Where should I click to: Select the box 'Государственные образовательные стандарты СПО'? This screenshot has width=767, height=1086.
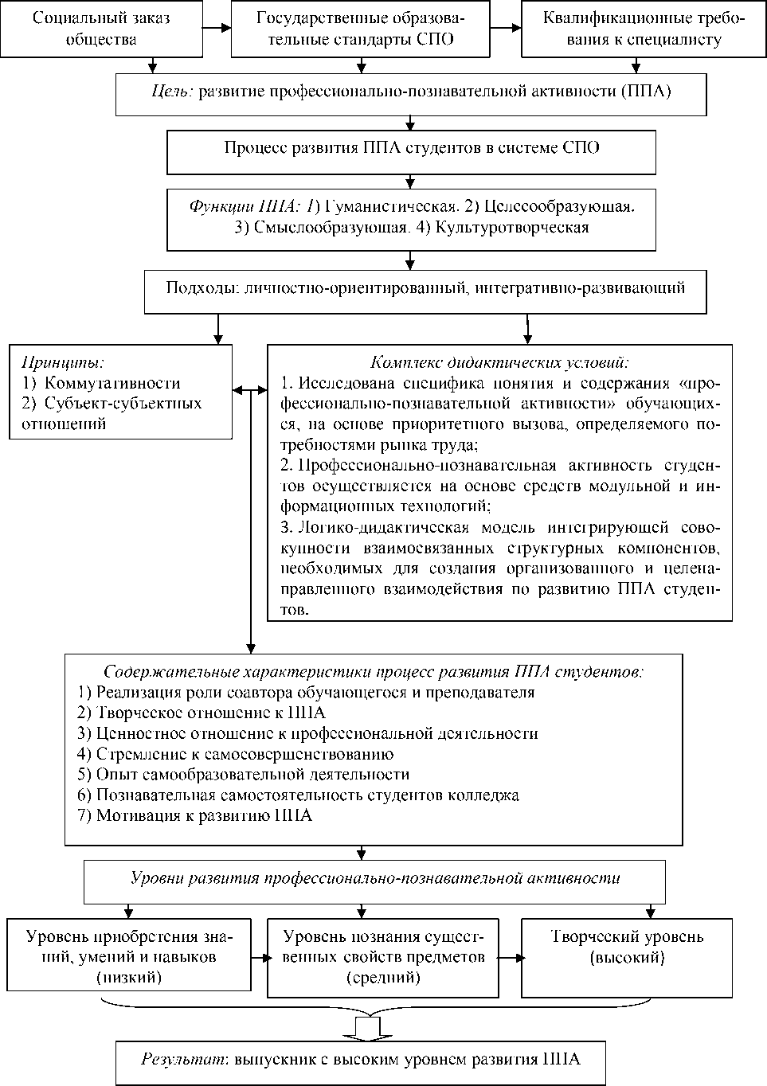(x=361, y=29)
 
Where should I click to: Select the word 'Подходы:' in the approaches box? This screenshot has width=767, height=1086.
(x=199, y=288)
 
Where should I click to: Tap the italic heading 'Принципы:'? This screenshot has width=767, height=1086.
(x=63, y=363)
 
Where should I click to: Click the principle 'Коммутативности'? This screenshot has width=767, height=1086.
(x=112, y=384)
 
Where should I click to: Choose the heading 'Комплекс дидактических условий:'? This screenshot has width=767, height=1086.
(x=499, y=362)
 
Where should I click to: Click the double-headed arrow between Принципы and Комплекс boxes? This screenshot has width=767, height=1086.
(x=249, y=390)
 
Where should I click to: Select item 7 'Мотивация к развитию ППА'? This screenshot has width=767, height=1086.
(x=204, y=816)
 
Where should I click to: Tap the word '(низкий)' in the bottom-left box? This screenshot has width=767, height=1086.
(x=128, y=976)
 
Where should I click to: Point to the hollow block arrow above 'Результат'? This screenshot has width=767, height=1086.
(x=362, y=1026)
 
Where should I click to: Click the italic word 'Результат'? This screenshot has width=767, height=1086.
(x=174, y=1060)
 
